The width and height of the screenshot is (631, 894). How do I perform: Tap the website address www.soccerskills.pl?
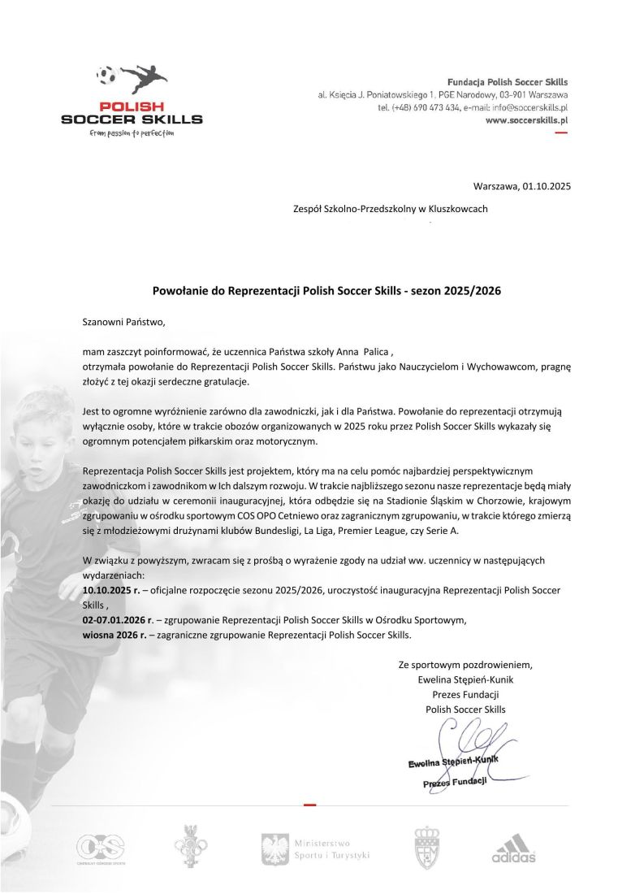coord(526,119)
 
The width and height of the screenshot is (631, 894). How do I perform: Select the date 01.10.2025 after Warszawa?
coord(547,186)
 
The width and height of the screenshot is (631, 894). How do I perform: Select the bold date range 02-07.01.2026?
coord(109,620)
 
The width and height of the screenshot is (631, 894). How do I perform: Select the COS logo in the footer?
coord(100,848)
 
